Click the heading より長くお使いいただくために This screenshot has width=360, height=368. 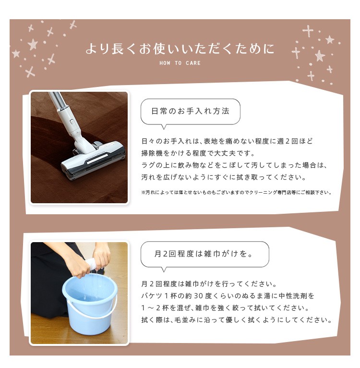[180, 49]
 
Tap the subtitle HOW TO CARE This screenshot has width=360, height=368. [180, 63]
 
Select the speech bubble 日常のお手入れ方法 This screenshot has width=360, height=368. [190, 112]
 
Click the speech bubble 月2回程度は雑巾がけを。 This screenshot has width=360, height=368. [205, 255]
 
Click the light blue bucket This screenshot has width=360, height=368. [90, 303]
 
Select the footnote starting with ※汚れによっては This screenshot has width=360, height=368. [237, 193]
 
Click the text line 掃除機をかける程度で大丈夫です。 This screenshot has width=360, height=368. [198, 153]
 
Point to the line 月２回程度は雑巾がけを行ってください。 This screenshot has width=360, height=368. [209, 284]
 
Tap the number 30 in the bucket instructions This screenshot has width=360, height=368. [198, 296]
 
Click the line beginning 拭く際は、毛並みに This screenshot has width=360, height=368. [237, 320]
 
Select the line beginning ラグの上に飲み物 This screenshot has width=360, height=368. [234, 165]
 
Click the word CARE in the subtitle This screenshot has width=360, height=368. [193, 63]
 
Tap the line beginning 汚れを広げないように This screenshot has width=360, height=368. [224, 177]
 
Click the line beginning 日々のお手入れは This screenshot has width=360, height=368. [227, 141]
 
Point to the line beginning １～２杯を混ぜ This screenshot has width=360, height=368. [225, 308]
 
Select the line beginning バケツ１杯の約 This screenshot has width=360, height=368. [228, 296]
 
